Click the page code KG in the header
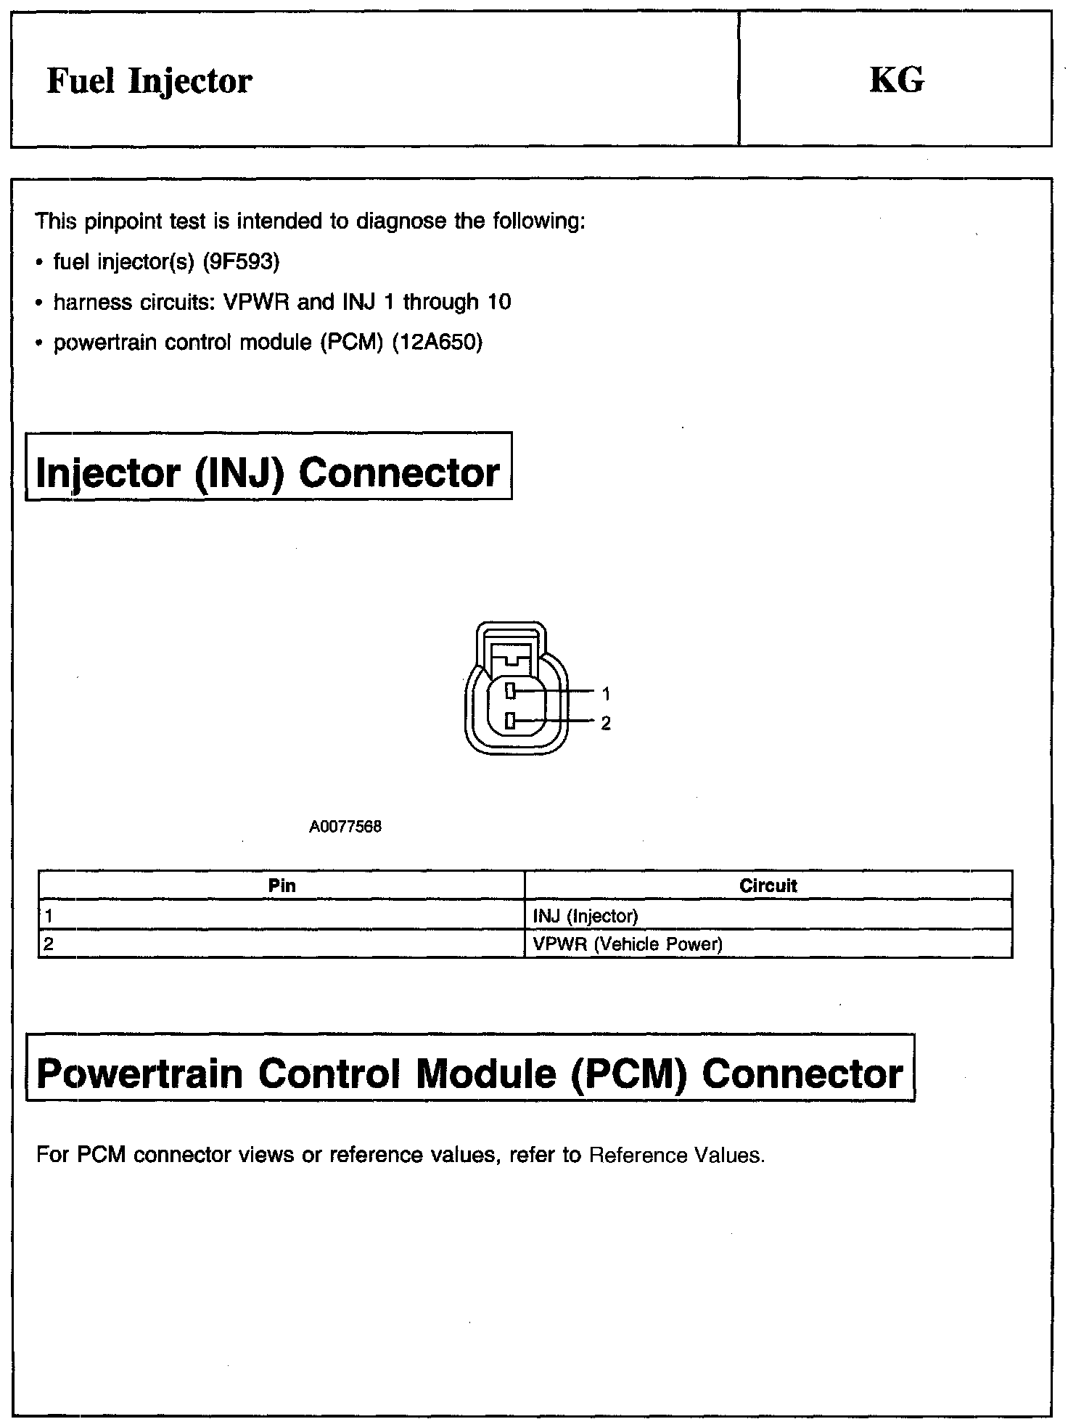[897, 81]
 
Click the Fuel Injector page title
[149, 81]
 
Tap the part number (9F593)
[241, 261]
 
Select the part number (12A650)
[437, 342]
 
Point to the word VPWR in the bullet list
[258, 302]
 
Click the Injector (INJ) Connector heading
[268, 473]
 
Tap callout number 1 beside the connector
[606, 694]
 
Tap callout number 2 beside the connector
[606, 723]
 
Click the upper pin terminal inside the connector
[510, 691]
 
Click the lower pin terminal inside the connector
[510, 721]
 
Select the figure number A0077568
[345, 827]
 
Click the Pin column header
[282, 886]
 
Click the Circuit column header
[768, 886]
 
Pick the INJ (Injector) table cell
[586, 916]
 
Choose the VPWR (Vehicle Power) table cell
[628, 944]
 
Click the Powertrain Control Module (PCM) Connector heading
[469, 1074]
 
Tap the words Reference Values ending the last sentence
[676, 1155]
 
